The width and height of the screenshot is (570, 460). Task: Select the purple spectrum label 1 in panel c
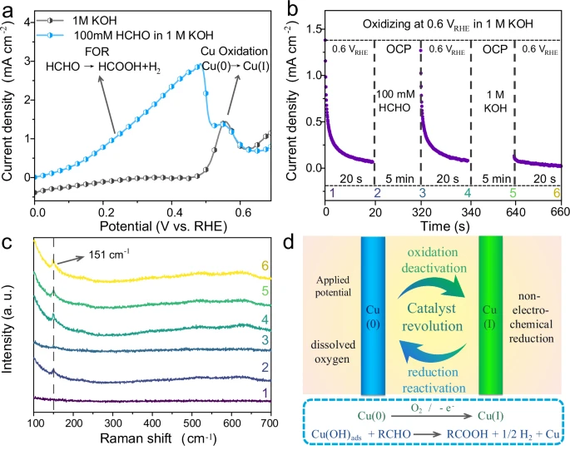[x=265, y=392]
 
